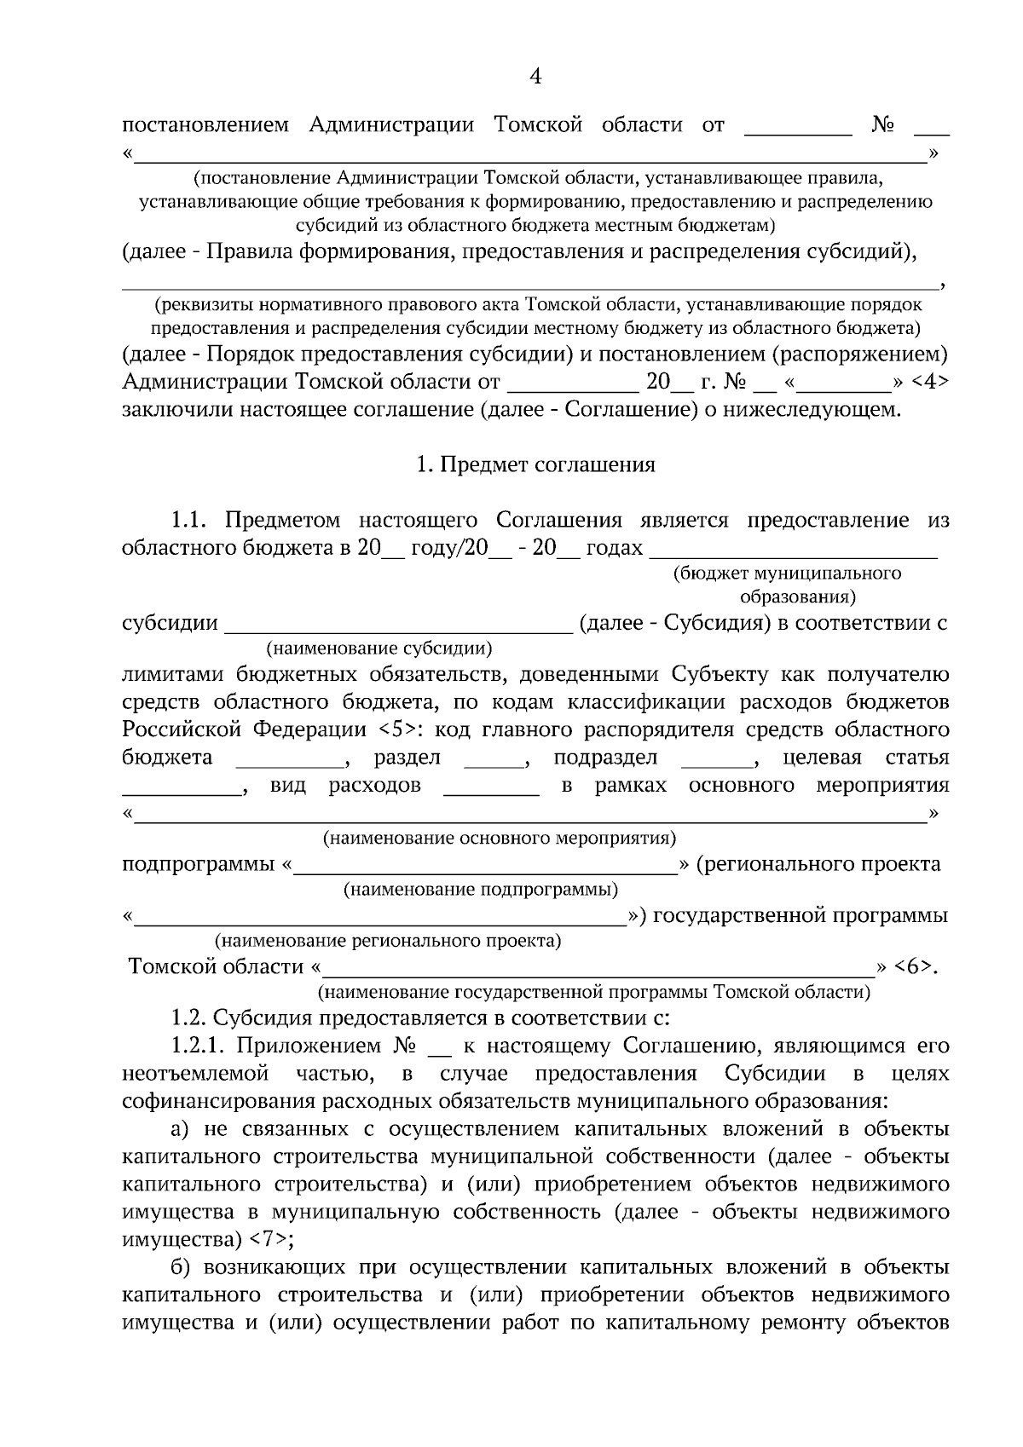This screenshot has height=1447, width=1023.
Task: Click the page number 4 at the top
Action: coord(535,78)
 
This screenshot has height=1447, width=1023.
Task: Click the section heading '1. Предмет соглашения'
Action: coord(535,465)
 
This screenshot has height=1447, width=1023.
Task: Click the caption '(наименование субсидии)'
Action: coord(380,649)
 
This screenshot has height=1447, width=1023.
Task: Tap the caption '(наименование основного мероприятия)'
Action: coord(500,839)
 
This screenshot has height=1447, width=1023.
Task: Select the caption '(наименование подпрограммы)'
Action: coord(481,891)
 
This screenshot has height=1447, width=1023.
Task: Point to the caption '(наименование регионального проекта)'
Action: coord(388,942)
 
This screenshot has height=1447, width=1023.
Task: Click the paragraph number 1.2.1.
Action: coord(201,1046)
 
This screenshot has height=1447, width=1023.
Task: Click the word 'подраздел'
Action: coord(605,758)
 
